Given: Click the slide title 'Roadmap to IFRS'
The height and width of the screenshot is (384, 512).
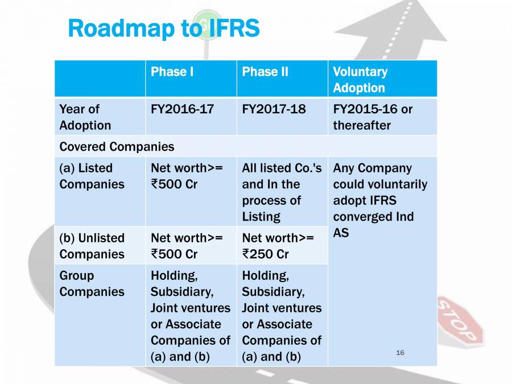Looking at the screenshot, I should pyautogui.click(x=163, y=28).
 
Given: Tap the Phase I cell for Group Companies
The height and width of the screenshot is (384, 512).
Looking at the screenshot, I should pyautogui.click(x=190, y=316).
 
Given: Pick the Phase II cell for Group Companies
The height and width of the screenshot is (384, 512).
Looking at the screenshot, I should pyautogui.click(x=281, y=316).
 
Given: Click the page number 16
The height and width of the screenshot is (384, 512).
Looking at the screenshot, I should pyautogui.click(x=400, y=353).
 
